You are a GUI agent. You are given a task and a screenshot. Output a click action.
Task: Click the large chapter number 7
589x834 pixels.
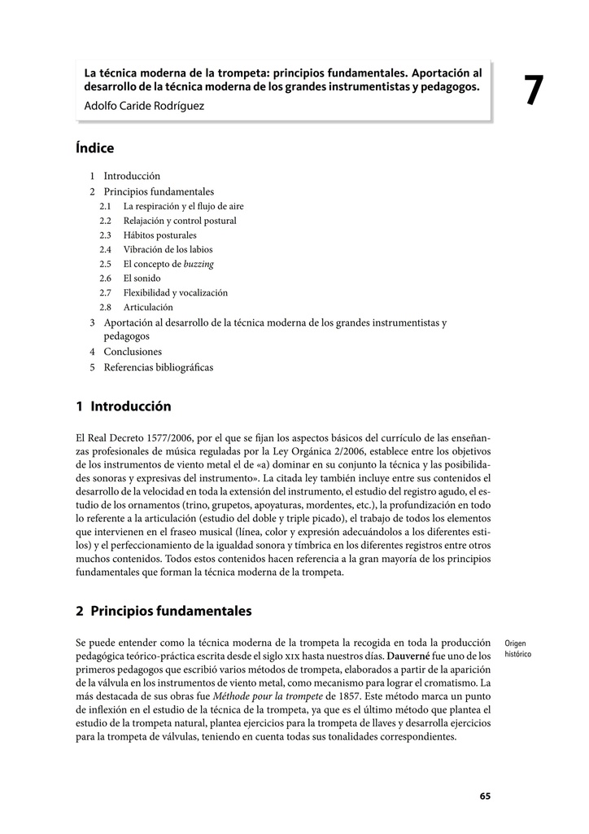[532, 90]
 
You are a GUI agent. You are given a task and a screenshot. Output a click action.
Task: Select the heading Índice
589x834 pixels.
[94, 148]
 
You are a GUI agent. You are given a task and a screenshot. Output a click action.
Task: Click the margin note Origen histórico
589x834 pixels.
[516, 648]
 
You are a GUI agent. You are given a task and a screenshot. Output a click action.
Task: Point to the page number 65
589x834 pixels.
[485, 797]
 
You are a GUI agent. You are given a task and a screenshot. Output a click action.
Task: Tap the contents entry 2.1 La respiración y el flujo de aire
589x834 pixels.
[183, 206]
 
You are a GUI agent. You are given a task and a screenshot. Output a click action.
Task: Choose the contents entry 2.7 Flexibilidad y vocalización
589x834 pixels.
[175, 292]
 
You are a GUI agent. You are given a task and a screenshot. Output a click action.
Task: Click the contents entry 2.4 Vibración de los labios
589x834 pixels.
[168, 249]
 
